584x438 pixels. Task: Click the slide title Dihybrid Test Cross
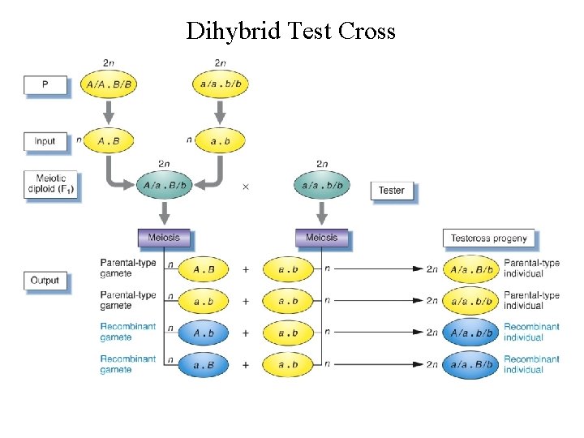click(x=290, y=31)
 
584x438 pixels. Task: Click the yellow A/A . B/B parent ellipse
click(x=109, y=84)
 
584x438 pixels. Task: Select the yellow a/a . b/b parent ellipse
click(x=220, y=84)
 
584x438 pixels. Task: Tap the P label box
click(x=45, y=84)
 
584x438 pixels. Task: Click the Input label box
click(x=45, y=141)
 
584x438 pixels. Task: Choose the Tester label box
click(x=392, y=191)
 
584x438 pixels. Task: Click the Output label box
click(x=45, y=281)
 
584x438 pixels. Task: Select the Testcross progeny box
click(x=488, y=238)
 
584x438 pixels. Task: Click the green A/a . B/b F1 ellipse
click(x=165, y=185)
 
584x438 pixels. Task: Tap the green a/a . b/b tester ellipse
click(x=321, y=185)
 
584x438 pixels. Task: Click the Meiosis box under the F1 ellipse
click(x=165, y=238)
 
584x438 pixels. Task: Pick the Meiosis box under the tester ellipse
click(x=322, y=238)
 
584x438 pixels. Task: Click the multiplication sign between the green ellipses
click(x=246, y=187)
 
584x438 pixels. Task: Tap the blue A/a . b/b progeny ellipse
click(x=471, y=333)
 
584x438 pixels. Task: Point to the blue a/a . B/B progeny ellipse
click(x=471, y=364)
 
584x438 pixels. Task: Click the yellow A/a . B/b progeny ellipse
click(x=471, y=269)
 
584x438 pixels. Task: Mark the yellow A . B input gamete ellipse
click(x=109, y=141)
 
